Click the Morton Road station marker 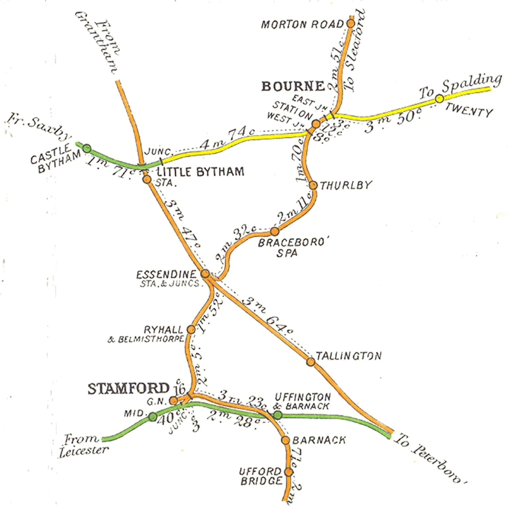[351, 24]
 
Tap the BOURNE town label [293, 86]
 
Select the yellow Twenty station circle [439, 99]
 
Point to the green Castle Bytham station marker [87, 149]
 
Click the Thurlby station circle [313, 185]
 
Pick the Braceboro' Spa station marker [275, 231]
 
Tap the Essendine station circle [205, 274]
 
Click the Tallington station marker [311, 362]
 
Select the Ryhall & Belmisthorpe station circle [191, 329]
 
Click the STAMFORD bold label [129, 389]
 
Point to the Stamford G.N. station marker [173, 401]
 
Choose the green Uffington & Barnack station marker [278, 415]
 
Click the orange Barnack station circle [285, 440]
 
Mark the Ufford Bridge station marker [289, 472]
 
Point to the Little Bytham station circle [147, 179]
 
